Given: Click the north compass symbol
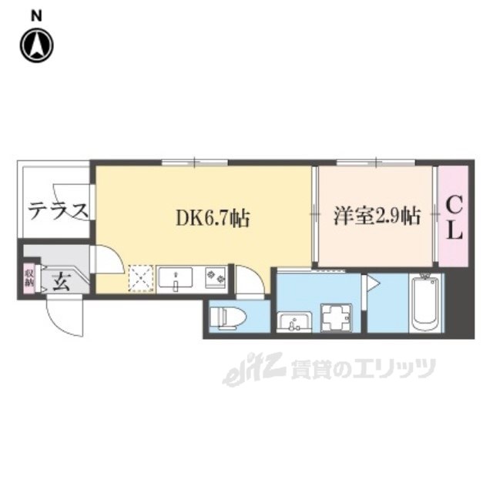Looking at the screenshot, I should (36, 45).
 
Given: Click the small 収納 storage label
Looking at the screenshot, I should (29, 277).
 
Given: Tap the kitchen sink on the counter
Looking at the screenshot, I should (176, 277).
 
